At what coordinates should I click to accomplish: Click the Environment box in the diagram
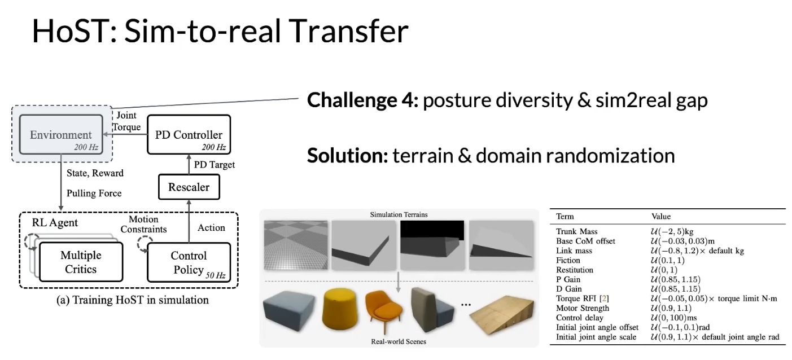(x=61, y=134)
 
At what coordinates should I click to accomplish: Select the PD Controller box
(x=189, y=134)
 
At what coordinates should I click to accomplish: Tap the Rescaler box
(x=189, y=187)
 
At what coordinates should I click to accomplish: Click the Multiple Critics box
(x=81, y=262)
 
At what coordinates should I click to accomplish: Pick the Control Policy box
(x=189, y=262)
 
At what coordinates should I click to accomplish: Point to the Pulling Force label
(x=94, y=193)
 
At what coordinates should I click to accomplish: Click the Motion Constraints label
(x=143, y=225)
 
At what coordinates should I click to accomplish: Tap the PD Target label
(x=215, y=165)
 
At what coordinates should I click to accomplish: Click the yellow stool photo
(x=339, y=309)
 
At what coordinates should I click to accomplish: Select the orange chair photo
(x=383, y=311)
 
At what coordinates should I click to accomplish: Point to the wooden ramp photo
(x=502, y=315)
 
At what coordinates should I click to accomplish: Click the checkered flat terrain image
(x=296, y=245)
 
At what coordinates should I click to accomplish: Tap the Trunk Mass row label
(x=577, y=231)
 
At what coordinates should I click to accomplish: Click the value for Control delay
(x=673, y=318)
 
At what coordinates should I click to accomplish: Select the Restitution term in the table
(x=575, y=270)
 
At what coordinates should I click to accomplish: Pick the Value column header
(x=661, y=216)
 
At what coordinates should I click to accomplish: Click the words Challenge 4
(x=363, y=100)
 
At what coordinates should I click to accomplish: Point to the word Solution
(x=348, y=155)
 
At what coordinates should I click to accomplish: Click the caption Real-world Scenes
(x=399, y=341)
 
